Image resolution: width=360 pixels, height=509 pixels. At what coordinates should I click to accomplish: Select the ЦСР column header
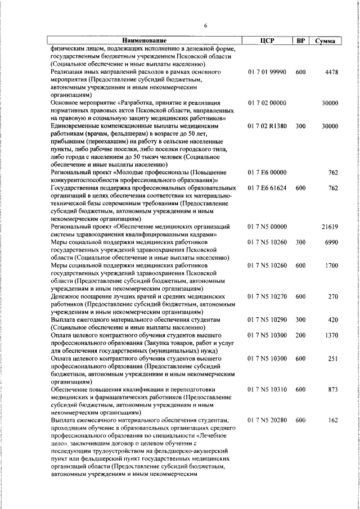pos(267,41)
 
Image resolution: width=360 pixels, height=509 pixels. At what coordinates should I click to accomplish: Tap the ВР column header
pos(300,41)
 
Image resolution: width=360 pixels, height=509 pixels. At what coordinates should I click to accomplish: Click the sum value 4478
pos(331,73)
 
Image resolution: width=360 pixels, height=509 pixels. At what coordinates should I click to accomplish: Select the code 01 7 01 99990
pos(267,73)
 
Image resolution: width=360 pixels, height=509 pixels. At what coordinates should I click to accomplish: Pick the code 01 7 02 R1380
pos(267,127)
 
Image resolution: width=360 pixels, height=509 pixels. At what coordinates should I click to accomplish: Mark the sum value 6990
pos(331,242)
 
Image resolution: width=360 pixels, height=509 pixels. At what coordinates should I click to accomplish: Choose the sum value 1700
pos(331,265)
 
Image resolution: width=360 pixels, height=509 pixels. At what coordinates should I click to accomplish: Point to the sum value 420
pos(332,319)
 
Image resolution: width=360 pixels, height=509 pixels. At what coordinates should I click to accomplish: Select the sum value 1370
pos(331,335)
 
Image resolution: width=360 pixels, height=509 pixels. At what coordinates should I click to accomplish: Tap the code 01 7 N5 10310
pos(267,389)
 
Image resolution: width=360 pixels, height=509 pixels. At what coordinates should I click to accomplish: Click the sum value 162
pos(332,420)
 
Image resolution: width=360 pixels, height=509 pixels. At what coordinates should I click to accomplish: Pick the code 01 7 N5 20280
pos(267,420)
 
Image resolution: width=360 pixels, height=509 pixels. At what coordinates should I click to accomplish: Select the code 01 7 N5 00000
pos(267,226)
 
